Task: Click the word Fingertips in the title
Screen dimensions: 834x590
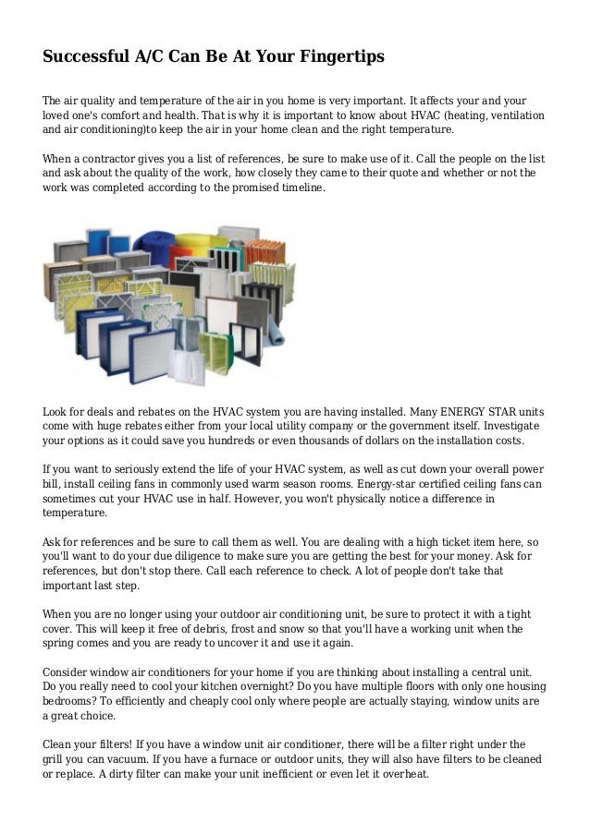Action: pyautogui.click(x=342, y=57)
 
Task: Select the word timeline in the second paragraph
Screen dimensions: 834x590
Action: pyautogui.click(x=296, y=187)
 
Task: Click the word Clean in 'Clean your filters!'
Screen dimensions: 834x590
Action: pyautogui.click(x=59, y=743)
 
